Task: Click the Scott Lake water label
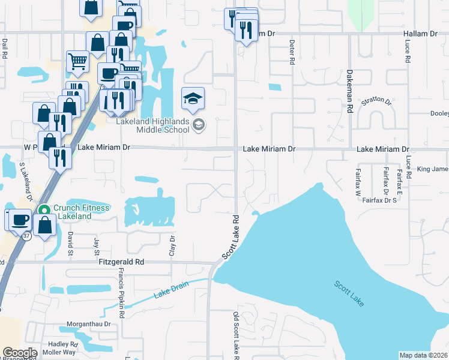349,294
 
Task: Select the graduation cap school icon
193,98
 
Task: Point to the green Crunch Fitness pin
43,210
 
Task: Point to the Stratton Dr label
376,102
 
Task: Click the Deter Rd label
292,53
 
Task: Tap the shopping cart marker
78,61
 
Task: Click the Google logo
20,353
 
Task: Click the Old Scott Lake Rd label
236,336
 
